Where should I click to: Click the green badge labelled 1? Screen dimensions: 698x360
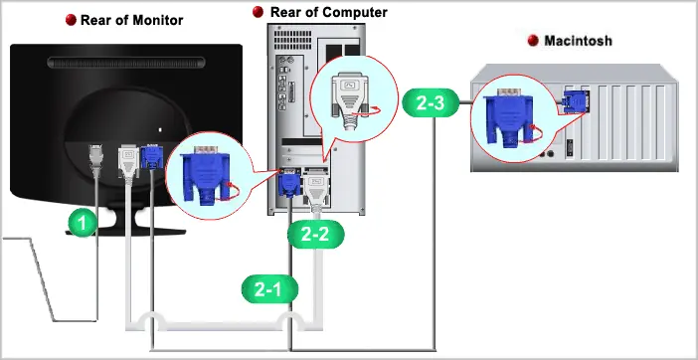tap(82, 223)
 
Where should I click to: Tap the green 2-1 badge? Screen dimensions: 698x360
tap(269, 289)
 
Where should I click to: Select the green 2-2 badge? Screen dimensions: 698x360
tap(315, 235)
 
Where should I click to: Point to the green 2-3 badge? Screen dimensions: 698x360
tap(431, 102)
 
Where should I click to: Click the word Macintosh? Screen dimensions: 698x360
tap(579, 41)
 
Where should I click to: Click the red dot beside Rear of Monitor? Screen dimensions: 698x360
tap(71, 20)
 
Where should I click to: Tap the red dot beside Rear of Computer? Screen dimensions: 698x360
tap(258, 12)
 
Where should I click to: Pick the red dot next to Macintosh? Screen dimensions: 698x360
tap(533, 41)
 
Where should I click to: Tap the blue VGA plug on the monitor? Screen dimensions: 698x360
tap(152, 157)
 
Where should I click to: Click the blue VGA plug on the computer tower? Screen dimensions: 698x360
tap(289, 183)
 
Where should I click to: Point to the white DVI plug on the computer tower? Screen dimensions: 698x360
tap(316, 189)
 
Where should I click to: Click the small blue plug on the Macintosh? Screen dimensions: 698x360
tap(575, 101)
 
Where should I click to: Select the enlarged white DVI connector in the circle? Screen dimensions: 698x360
tap(350, 100)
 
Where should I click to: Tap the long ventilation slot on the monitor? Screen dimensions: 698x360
tap(126, 63)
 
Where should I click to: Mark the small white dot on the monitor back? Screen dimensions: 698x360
tap(160, 130)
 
